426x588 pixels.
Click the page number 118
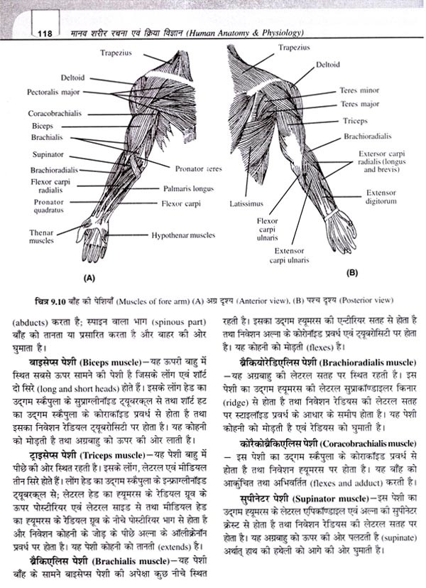pos(44,33)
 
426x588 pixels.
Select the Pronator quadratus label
pos(48,206)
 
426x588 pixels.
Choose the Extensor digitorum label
pos(381,197)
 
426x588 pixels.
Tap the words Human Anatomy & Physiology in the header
pos(262,33)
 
